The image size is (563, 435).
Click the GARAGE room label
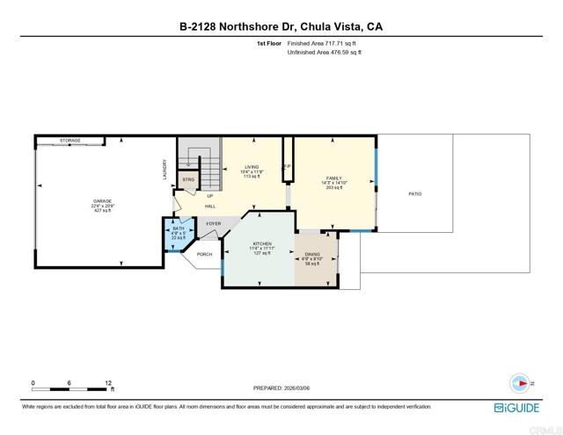click(x=103, y=201)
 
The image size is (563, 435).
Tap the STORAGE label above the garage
click(x=70, y=140)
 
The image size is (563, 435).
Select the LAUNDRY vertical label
click(x=165, y=169)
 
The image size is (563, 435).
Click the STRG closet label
click(x=187, y=179)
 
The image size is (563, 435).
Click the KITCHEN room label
click(x=260, y=243)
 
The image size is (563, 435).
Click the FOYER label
click(x=213, y=224)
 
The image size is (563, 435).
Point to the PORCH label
click(x=204, y=254)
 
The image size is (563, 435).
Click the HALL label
click(x=210, y=206)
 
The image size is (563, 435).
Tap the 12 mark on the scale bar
click(x=107, y=383)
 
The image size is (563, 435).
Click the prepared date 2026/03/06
click(x=281, y=388)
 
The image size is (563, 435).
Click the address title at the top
click(x=281, y=26)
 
